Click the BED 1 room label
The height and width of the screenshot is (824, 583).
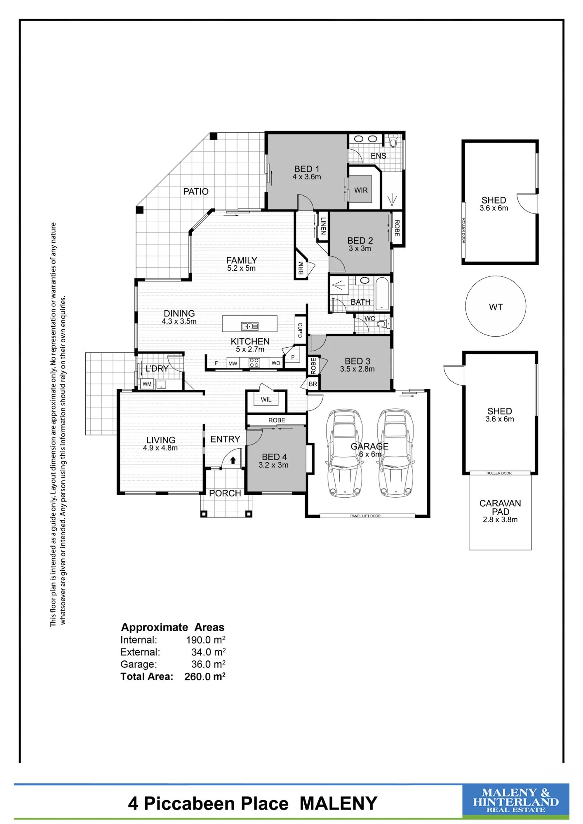click(307, 169)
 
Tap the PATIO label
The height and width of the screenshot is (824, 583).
click(196, 192)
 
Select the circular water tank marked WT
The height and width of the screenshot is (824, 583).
click(496, 306)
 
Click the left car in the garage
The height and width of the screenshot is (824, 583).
click(344, 453)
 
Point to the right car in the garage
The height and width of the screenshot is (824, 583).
click(396, 453)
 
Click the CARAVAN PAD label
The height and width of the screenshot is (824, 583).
click(500, 508)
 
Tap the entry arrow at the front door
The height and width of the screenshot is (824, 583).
click(233, 460)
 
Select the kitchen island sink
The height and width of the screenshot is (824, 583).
click(250, 326)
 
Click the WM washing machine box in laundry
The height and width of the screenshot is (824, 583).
click(147, 384)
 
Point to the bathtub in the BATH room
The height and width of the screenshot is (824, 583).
click(382, 293)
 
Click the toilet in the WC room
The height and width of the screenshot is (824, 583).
click(383, 324)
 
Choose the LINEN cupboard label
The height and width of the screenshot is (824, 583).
click(323, 226)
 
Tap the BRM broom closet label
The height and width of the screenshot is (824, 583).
click(301, 268)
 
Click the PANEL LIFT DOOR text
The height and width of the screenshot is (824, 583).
click(365, 516)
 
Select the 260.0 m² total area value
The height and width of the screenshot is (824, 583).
click(205, 677)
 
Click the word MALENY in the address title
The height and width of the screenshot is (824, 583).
click(339, 803)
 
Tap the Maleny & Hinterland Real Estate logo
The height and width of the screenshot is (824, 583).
click(516, 801)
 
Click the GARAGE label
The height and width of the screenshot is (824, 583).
click(369, 446)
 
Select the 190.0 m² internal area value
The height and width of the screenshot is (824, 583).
click(206, 640)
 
